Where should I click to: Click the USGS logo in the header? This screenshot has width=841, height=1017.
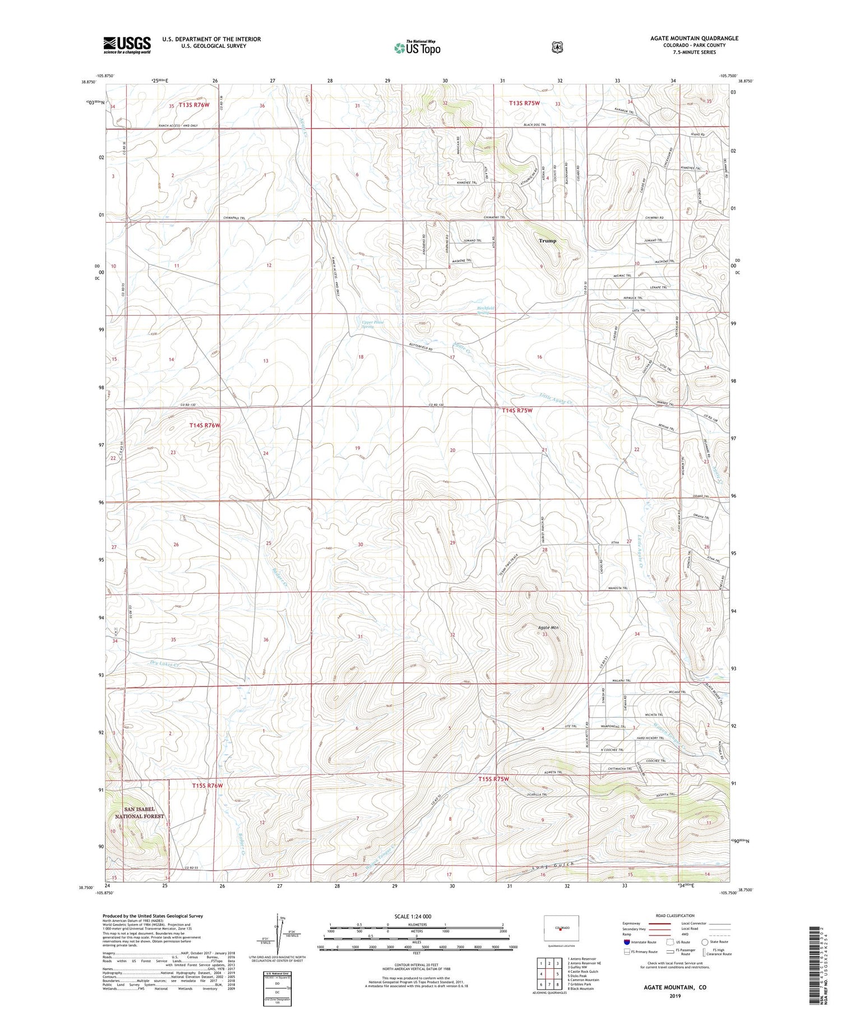[x=127, y=45]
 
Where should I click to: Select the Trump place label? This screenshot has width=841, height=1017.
[x=547, y=241]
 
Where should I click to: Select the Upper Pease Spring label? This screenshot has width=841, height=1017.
[x=373, y=324]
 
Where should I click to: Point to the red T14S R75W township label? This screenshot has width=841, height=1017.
[x=516, y=411]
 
